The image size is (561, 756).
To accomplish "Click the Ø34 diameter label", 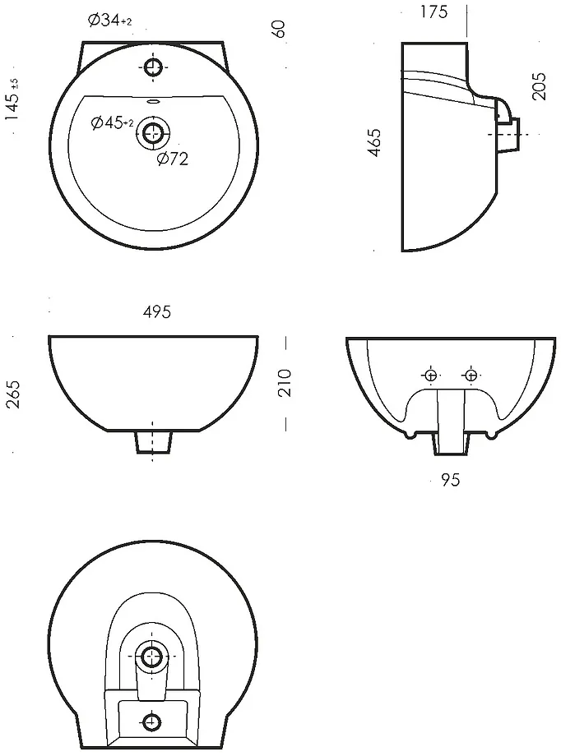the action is click(110, 21).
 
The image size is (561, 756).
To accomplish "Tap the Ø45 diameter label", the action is click(112, 123).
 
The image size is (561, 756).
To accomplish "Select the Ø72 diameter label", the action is click(173, 158).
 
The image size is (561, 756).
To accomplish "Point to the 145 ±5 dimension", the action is click(13, 99).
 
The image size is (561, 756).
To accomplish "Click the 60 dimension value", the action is click(279, 29).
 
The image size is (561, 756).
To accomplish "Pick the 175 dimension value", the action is click(434, 12).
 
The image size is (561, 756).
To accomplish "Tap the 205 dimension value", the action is click(539, 86).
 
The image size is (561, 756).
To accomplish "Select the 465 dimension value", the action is click(373, 142).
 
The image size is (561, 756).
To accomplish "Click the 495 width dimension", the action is click(157, 312).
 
